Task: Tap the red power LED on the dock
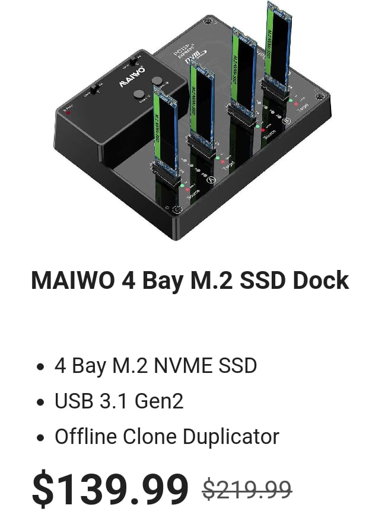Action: click(69, 111)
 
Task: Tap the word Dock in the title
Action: click(320, 280)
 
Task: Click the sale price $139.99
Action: click(110, 490)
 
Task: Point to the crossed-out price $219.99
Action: click(247, 490)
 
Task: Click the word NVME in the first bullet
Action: click(178, 366)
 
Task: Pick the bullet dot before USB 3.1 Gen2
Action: click(40, 403)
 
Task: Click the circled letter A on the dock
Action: click(209, 179)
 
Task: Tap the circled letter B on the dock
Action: click(286, 121)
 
